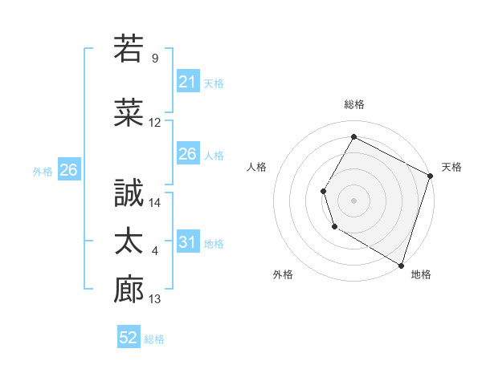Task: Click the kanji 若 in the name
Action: point(129,48)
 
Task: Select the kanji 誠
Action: point(129,194)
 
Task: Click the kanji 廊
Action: point(129,290)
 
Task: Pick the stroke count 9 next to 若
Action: point(155,59)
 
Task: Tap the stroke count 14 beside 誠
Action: point(155,204)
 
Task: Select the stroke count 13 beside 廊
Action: point(155,299)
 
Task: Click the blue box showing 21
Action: point(187,81)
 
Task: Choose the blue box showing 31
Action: point(187,242)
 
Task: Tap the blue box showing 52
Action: point(129,338)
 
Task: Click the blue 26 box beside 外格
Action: point(69,169)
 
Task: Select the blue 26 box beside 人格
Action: point(187,154)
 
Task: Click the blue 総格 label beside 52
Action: point(155,339)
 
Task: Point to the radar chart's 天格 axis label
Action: point(452,167)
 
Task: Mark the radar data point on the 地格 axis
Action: point(401,265)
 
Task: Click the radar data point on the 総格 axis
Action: point(353,136)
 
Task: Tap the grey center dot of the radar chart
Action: point(353,200)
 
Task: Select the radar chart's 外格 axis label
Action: point(282,275)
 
